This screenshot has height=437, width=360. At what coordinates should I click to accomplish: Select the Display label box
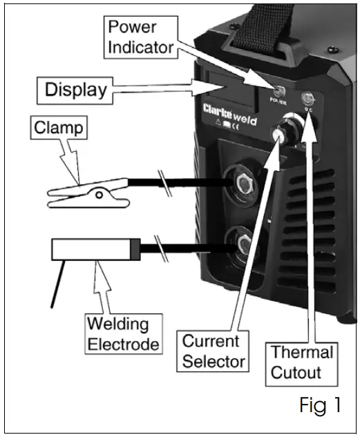75,89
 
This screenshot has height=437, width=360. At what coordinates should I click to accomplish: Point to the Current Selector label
211,351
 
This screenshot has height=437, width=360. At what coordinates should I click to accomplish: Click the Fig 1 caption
320,405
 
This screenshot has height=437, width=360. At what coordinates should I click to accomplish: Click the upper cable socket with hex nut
243,183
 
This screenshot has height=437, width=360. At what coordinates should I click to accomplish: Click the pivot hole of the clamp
100,195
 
